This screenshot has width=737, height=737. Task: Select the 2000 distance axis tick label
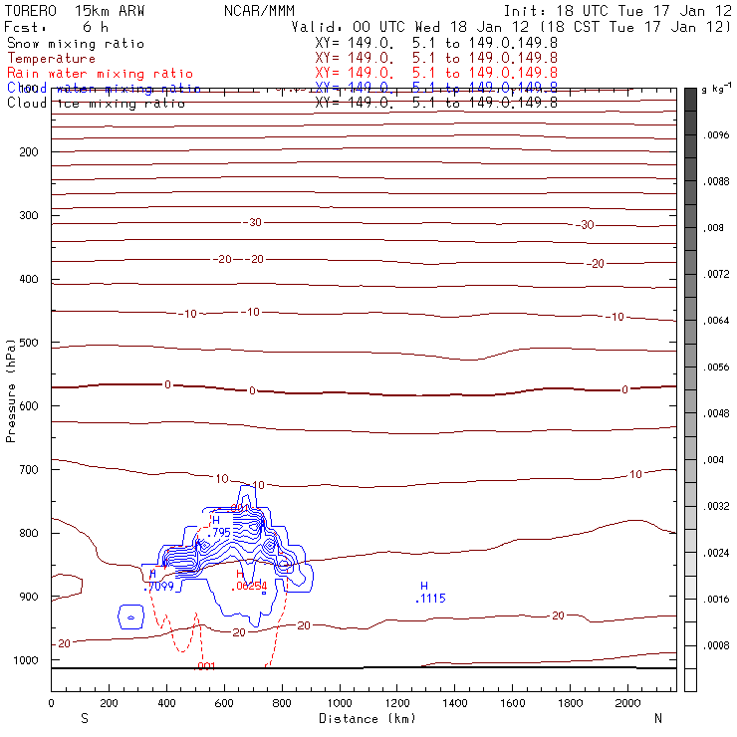[x=627, y=703]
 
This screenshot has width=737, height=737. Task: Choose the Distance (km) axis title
[x=364, y=717]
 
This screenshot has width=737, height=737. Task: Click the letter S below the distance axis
[x=84, y=717]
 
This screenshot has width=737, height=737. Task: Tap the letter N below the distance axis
[x=658, y=717]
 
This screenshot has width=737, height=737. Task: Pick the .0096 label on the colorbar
[x=717, y=134]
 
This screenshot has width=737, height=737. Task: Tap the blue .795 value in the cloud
[x=219, y=533]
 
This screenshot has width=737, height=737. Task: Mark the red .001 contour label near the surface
[x=206, y=666]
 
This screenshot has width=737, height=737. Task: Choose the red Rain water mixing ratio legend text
[x=101, y=74]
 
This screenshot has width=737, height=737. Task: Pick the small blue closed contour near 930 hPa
[x=131, y=617]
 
